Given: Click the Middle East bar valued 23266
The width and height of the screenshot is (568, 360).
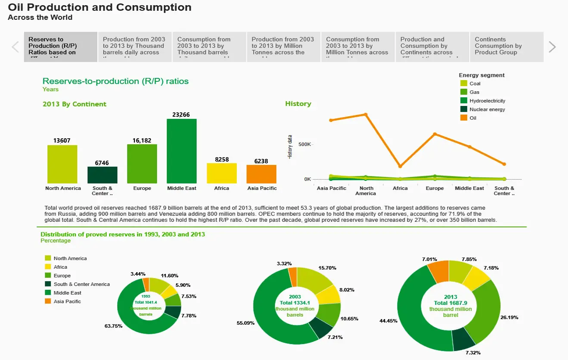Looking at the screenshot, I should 182,151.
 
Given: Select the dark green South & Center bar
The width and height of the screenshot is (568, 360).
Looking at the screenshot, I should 102,175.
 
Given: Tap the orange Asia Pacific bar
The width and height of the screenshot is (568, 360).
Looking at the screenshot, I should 261,174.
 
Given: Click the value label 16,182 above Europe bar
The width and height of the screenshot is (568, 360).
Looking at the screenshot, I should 142,140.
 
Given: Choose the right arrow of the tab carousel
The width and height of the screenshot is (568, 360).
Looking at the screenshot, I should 552,47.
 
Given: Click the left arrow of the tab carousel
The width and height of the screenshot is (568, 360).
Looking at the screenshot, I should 16,47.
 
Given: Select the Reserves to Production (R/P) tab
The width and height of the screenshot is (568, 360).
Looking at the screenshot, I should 61,46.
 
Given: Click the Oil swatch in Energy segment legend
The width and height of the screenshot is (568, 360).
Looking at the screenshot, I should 464,118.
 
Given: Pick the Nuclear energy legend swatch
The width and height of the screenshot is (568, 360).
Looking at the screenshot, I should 464,109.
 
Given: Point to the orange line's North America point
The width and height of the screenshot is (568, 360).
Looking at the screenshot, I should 366,115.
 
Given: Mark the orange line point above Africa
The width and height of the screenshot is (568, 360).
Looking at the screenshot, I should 400,166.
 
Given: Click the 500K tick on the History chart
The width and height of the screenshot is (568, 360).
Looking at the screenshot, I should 304,144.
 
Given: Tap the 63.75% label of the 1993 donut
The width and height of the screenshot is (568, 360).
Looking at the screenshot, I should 113,326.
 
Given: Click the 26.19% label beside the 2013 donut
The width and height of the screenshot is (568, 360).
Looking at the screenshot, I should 509,317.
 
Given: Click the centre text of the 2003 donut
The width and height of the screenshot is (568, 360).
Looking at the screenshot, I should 295,306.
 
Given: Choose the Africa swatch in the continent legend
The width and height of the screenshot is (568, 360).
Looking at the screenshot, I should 48,267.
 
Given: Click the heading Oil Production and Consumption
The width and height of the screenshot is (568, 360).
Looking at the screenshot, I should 99,7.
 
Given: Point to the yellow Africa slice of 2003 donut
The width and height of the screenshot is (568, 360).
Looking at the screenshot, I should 329,294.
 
